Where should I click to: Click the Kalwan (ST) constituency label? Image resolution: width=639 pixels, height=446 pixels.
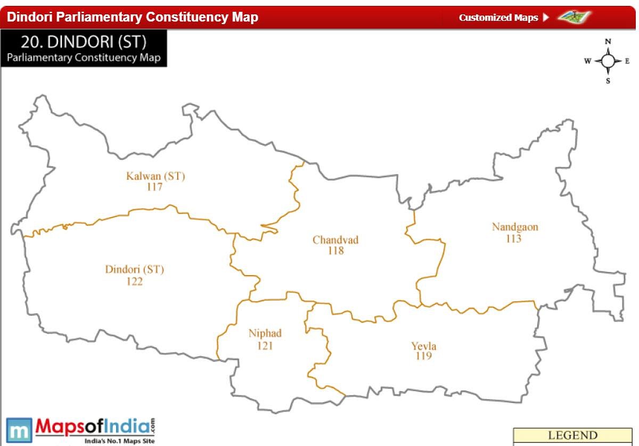155,176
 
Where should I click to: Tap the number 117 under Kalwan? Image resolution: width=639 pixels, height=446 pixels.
154,187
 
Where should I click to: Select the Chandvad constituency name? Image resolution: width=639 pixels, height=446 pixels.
335,240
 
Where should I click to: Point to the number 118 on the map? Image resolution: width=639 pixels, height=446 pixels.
335,251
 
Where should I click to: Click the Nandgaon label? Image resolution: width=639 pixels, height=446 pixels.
514,227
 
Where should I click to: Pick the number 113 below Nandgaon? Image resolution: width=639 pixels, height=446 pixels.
513,238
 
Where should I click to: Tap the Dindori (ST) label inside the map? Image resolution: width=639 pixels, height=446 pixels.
135,270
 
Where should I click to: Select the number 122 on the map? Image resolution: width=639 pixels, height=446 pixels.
134,282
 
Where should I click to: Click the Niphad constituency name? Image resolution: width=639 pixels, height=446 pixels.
265,334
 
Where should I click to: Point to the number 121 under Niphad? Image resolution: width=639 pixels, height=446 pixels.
265,345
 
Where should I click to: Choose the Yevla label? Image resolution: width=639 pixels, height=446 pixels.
423,346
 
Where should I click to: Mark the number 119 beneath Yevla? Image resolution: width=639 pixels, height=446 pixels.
423,356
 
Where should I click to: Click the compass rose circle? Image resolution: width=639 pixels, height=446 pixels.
608,61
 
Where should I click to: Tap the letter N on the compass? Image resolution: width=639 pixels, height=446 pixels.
608,42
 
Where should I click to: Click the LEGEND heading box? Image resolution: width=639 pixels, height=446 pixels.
572,436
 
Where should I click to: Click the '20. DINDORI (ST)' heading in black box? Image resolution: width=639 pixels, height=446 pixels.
84,42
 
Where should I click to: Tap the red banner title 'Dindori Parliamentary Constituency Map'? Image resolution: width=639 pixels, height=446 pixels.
133,17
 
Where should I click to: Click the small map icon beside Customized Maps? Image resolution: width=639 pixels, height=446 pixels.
575,16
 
